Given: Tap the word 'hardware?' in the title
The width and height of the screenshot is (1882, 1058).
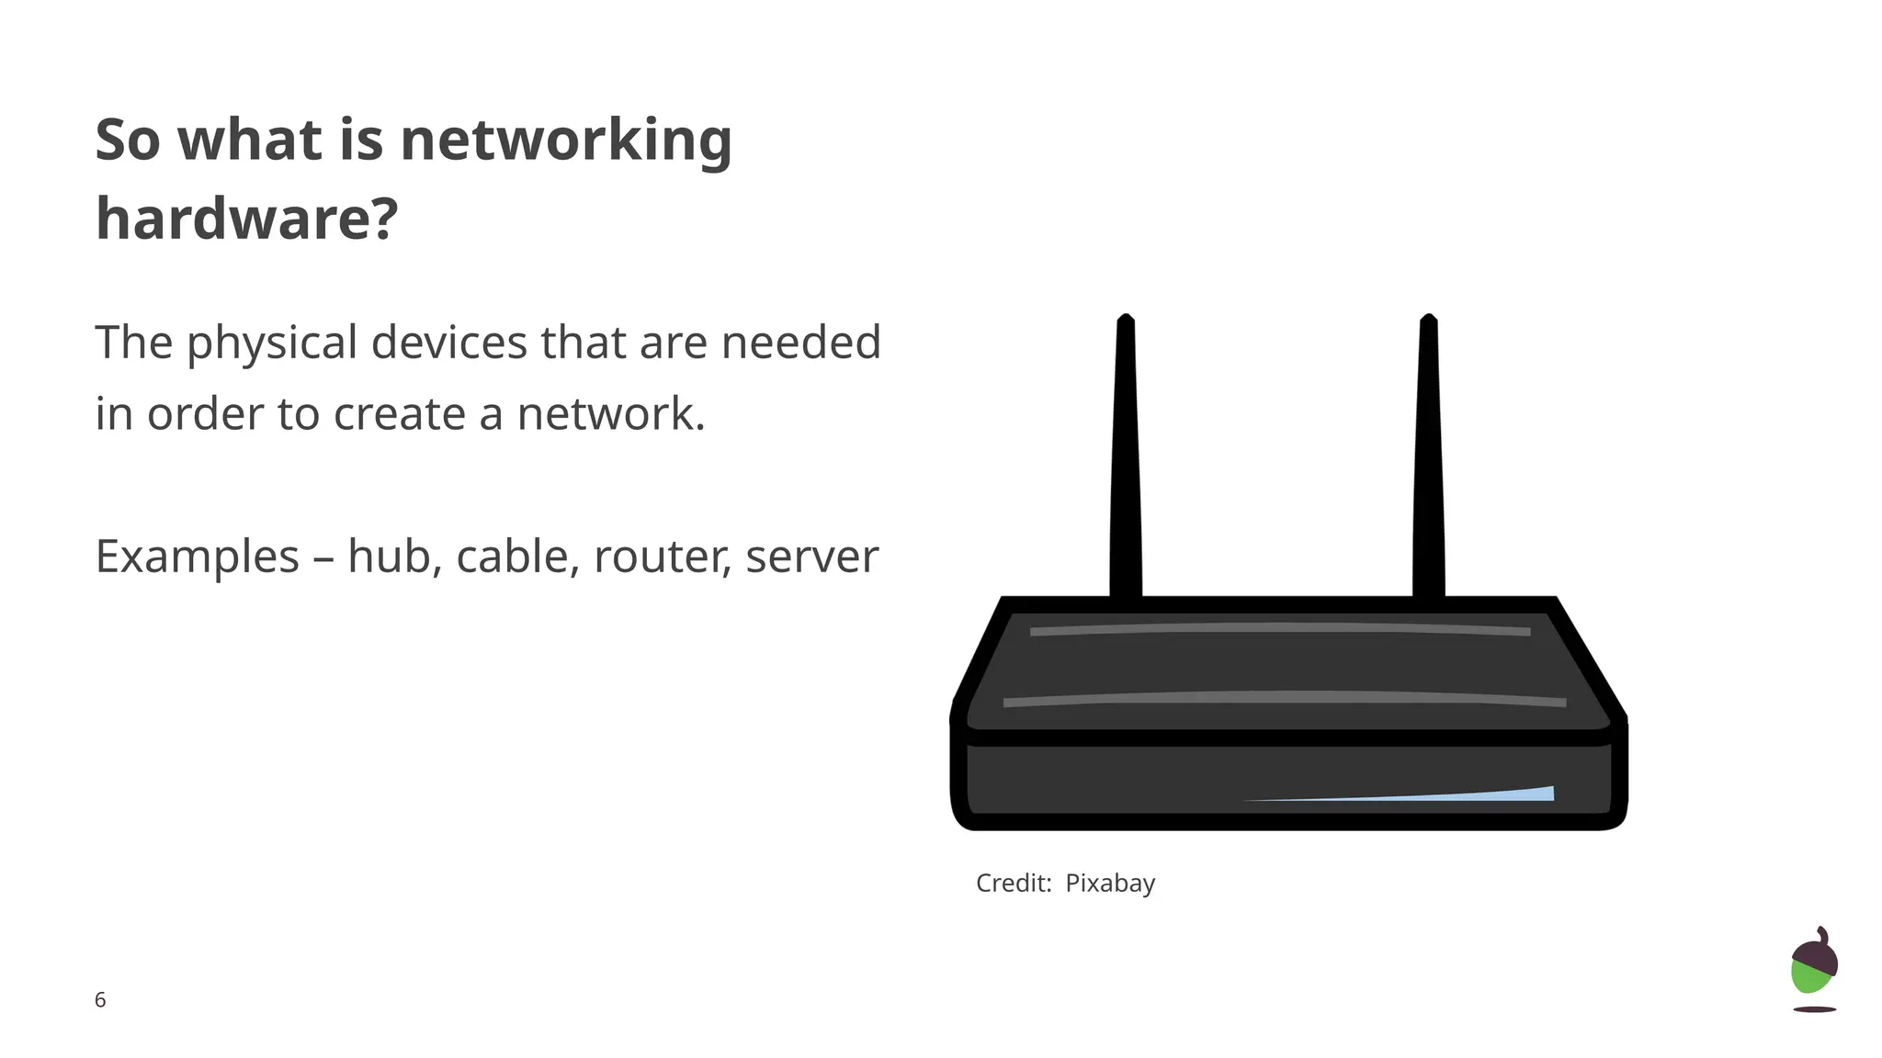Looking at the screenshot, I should [x=246, y=219].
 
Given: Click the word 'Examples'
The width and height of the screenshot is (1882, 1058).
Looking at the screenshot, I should [x=198, y=557].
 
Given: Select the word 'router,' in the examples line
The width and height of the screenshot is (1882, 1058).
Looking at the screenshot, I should [x=663, y=557].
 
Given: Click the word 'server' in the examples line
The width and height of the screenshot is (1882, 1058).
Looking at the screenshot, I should [x=811, y=557].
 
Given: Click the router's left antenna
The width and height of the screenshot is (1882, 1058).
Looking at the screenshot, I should [x=1126, y=459].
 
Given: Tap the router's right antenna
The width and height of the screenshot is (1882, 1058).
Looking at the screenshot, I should [x=1428, y=459].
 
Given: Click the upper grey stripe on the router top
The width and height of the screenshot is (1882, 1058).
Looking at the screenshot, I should [x=1280, y=629].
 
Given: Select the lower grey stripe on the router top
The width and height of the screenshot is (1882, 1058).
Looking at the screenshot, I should [x=1284, y=699].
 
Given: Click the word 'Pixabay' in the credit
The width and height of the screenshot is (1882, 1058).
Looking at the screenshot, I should [x=1110, y=884].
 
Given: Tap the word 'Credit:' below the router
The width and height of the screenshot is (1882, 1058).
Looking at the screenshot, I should [x=1014, y=884].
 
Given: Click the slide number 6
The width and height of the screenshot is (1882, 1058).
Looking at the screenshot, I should [x=100, y=1000].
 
